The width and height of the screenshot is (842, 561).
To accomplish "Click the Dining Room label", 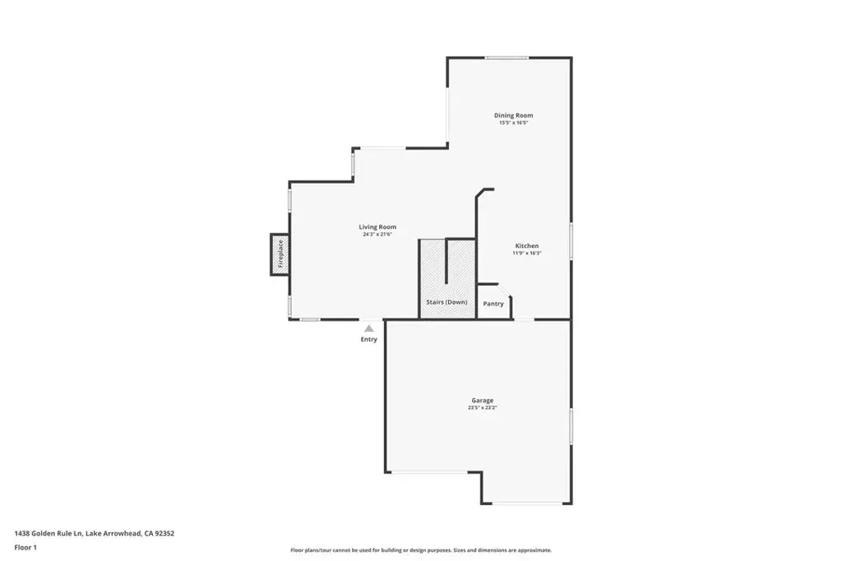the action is (513, 115).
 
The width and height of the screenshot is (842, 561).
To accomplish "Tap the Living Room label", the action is (377, 227).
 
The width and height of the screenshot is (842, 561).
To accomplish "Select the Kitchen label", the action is (527, 246).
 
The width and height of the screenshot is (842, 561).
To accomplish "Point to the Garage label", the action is (482, 400).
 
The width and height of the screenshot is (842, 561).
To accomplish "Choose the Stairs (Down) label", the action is (446, 302).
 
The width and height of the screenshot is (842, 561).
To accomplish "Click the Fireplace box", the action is (280, 255).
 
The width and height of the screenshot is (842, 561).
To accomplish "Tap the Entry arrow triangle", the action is (369, 329).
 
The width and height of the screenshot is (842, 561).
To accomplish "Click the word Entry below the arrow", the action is (369, 339).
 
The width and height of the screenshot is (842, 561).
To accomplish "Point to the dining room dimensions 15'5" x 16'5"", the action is (513, 123).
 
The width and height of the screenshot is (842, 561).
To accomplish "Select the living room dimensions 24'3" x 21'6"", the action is (377, 234).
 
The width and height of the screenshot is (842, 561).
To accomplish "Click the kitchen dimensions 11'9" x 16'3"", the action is (527, 253).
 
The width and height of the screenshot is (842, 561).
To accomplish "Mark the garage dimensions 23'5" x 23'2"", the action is (482, 407).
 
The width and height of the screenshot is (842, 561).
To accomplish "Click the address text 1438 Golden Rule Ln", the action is (49, 534).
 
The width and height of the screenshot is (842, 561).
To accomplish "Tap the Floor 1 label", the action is (25, 548).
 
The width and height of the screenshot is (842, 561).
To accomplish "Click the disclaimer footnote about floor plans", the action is (421, 550).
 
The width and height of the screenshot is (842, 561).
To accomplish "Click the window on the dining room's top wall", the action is (507, 57).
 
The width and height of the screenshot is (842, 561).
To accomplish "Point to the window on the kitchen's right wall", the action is (571, 241).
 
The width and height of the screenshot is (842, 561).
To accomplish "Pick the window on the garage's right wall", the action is (571, 426).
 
